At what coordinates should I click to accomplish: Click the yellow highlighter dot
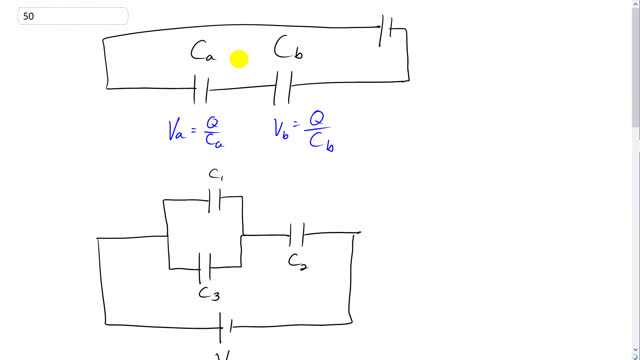(x=239, y=60)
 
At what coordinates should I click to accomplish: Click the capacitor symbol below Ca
(x=202, y=91)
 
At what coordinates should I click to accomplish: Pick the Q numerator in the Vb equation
(x=317, y=119)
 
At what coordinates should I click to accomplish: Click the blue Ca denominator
(x=214, y=142)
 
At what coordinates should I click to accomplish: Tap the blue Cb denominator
(x=320, y=142)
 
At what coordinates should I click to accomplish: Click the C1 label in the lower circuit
(x=216, y=175)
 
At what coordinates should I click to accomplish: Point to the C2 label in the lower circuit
(x=297, y=262)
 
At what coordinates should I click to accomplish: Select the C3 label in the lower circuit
(x=209, y=293)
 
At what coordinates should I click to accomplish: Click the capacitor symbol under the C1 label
(x=216, y=201)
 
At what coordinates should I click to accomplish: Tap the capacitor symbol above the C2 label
(x=297, y=236)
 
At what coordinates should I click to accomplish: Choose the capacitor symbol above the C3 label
(x=206, y=267)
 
